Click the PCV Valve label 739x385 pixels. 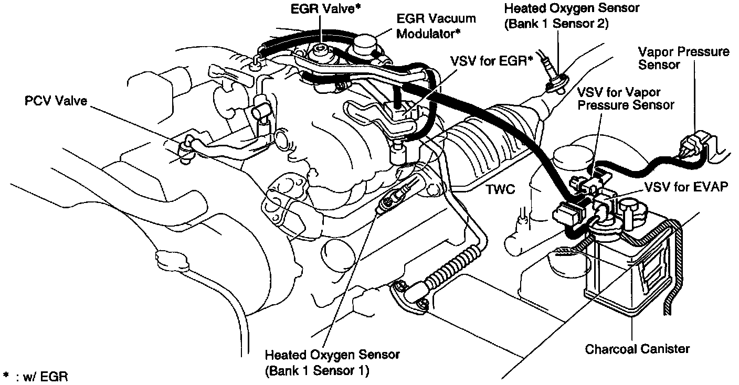click(56, 101)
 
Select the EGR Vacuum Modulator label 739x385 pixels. click(436, 26)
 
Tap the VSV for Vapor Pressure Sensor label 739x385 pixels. click(625, 98)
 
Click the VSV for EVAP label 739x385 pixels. click(685, 187)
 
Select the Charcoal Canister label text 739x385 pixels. click(637, 349)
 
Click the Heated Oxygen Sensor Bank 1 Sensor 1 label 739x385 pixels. click(332, 362)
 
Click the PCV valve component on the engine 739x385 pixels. click(184, 149)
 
